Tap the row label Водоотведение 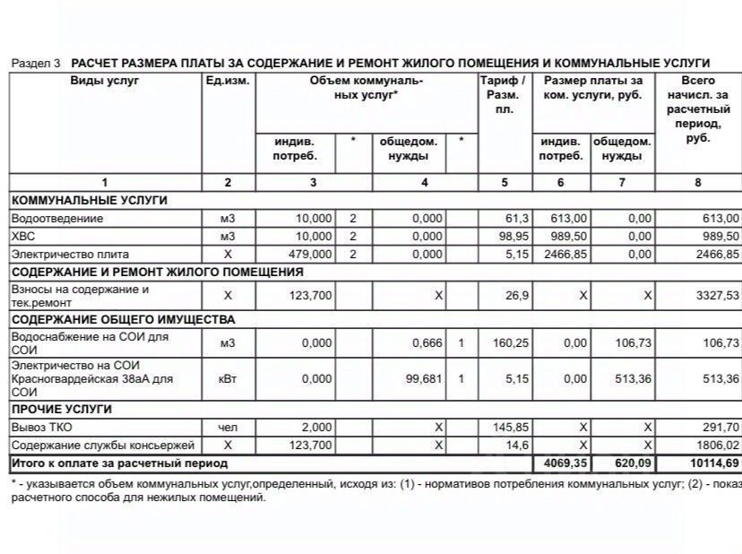[x=57, y=219]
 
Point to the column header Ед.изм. [x=228, y=81]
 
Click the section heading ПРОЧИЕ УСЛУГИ [x=61, y=410]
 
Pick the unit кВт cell [x=228, y=379]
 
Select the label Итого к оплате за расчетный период [x=119, y=463]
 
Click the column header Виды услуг [x=105, y=81]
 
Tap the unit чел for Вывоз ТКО [x=228, y=428]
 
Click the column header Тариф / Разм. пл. [x=504, y=94]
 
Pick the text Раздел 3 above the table [x=36, y=64]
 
